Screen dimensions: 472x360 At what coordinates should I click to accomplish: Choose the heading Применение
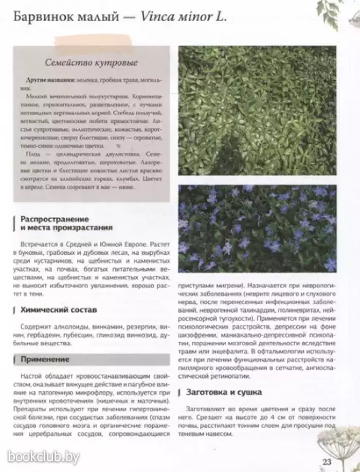pos(45,359)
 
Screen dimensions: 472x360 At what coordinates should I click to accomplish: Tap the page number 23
pos(327,461)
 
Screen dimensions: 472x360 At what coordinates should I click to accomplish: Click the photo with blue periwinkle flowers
pos(257,228)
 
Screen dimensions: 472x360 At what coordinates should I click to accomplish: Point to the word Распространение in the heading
pos(55,219)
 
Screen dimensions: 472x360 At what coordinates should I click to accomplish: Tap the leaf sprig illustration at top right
pos(337,15)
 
